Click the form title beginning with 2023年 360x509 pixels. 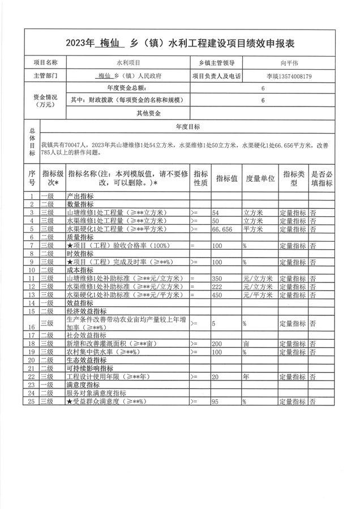click(179, 43)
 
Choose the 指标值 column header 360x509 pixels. click(226, 178)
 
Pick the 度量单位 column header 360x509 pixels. click(260, 178)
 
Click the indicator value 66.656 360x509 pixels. click(222, 229)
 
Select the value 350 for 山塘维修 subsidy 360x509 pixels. click(218, 279)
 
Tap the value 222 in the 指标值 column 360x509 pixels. click(218, 287)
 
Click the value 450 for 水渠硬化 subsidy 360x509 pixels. click(218, 295)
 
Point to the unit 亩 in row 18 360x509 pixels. click(246, 344)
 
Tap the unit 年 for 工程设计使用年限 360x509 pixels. click(246, 377)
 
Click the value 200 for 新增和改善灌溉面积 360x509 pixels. click(218, 344)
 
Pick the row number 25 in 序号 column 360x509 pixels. click(32, 401)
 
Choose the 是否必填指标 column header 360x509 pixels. click(322, 178)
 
